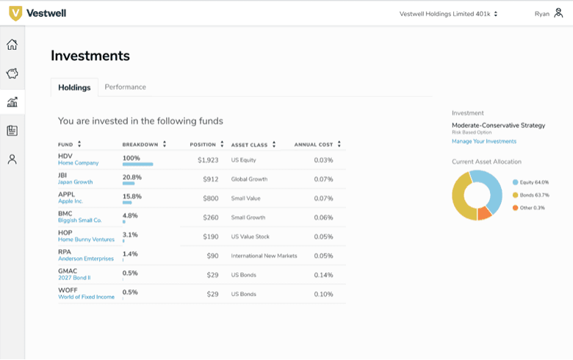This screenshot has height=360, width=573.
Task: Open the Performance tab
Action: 125,87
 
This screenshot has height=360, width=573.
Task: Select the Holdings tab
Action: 74,87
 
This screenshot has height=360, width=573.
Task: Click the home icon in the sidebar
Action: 12,45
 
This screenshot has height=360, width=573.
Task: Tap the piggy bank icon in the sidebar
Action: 12,73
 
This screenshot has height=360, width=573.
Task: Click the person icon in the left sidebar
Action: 12,159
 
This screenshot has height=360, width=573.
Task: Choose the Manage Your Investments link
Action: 483,141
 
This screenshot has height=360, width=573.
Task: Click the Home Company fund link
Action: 78,163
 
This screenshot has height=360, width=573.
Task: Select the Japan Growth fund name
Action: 75,182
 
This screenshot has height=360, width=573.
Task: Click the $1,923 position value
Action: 208,160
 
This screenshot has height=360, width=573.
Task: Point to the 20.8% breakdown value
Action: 132,177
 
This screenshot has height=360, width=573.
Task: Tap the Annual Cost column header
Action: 314,145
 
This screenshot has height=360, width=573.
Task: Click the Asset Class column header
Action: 251,145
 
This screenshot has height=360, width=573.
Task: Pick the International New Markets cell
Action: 264,256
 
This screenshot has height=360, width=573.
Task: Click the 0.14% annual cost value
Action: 323,275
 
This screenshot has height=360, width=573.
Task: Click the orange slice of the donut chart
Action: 484,213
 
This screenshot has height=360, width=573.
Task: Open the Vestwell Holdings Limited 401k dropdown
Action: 448,13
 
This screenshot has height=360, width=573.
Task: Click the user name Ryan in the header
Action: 541,13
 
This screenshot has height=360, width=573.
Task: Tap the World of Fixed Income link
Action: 86,297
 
